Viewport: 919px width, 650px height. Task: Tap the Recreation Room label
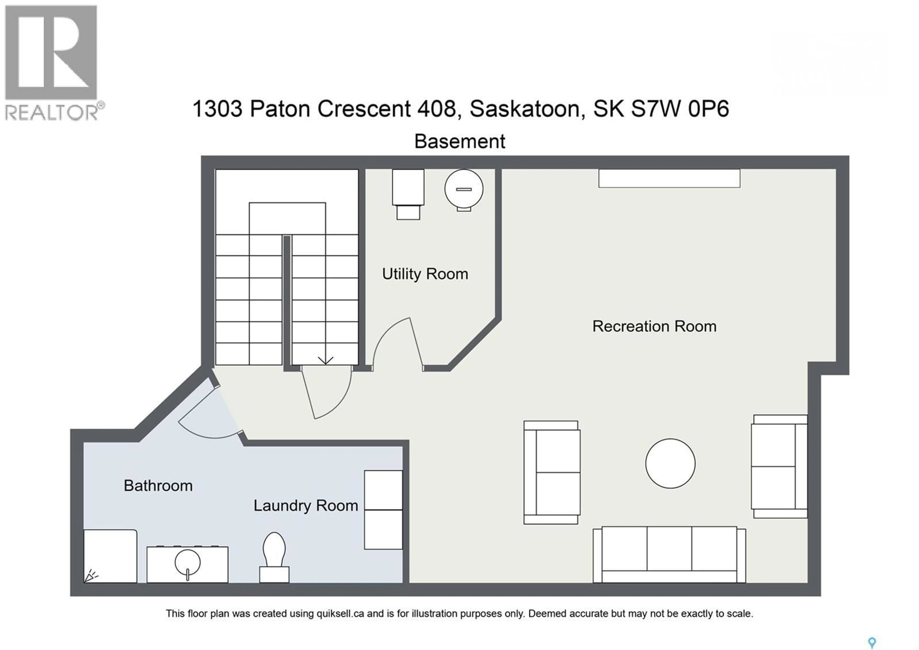(654, 326)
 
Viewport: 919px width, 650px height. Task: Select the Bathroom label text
(158, 486)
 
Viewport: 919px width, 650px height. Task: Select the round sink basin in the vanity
(187, 562)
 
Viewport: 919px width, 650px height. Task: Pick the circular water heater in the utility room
(464, 189)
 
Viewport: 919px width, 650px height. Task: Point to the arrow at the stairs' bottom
(325, 360)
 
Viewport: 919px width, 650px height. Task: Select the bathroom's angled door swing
(208, 417)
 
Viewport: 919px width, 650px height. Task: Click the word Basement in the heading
(459, 141)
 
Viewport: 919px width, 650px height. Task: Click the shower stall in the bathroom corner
(110, 556)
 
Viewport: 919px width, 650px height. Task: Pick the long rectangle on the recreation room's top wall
(669, 178)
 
